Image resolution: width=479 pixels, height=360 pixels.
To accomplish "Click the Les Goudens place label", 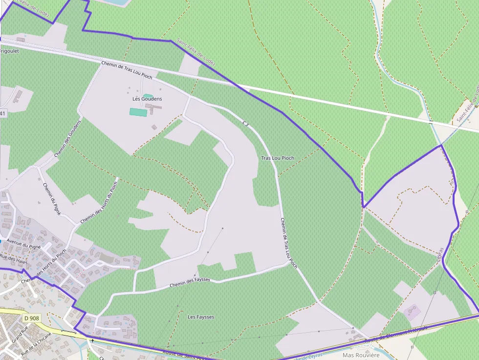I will pyautogui.click(x=147, y=99).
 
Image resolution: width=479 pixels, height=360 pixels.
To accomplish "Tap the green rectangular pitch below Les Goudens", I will pyautogui.click(x=138, y=112).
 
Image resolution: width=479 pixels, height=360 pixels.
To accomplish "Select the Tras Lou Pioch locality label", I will pyautogui.click(x=278, y=158).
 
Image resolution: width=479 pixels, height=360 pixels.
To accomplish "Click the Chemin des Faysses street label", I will pyautogui.click(x=190, y=282).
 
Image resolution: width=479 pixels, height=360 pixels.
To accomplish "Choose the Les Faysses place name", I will pyautogui.click(x=201, y=317).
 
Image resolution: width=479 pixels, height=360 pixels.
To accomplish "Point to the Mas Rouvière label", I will pyautogui.click(x=361, y=355).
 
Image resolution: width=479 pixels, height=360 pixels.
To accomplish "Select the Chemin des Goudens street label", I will pyautogui.click(x=67, y=139).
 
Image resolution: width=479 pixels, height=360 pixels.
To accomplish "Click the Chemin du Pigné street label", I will pyautogui.click(x=51, y=199).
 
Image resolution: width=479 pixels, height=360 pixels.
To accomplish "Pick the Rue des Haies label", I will pyautogui.click(x=14, y=258).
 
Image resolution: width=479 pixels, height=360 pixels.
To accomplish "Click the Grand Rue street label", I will pyautogui.click(x=17, y=337).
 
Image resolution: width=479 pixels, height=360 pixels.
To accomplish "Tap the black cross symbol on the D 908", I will pyautogui.click(x=92, y=340).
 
